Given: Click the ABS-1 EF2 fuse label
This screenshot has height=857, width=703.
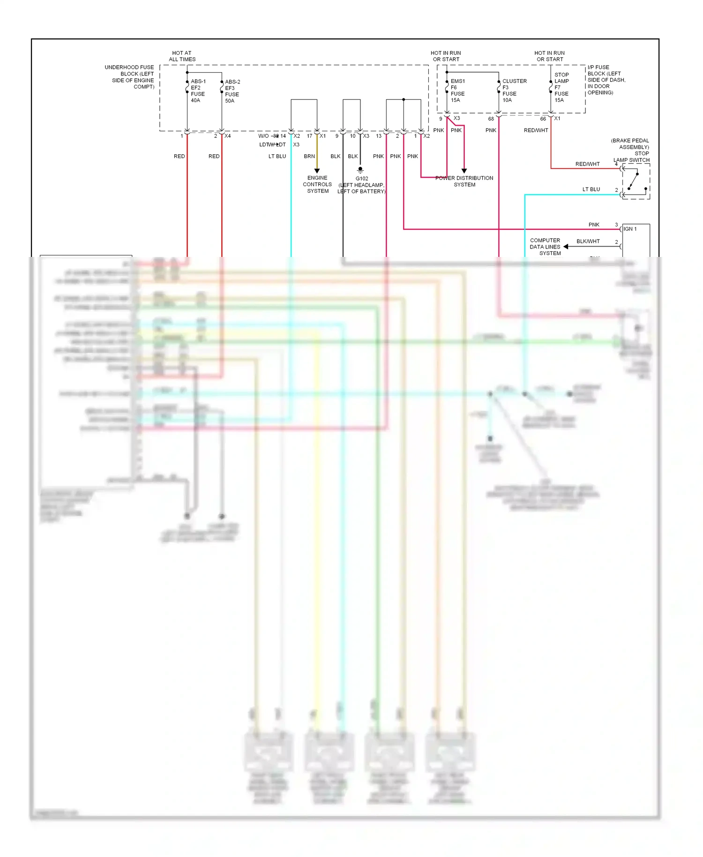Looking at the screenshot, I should coord(198,91).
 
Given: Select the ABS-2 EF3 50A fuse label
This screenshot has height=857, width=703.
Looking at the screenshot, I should coord(232,91).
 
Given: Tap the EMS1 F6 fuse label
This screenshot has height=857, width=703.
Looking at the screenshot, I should coord(457,90).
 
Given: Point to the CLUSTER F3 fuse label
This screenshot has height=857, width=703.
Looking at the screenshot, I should coord(514,90).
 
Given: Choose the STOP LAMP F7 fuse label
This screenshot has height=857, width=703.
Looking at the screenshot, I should coord(561,87).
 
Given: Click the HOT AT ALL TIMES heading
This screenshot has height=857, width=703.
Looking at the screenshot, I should coord(182,56).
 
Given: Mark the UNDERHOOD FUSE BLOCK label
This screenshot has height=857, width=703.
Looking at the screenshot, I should coord(130,77).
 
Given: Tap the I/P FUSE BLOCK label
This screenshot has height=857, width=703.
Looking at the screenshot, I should coord(606,80).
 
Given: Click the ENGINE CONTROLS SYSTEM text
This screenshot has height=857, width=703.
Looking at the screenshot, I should coord(317,184).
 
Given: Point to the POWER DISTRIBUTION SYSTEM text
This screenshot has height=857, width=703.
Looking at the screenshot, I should coord(464,181).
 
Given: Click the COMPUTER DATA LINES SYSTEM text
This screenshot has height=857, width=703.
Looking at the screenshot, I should coord(545,247).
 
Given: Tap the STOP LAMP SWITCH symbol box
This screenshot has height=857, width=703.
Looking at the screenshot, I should coord(636,181).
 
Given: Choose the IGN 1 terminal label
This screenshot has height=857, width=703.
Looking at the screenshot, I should coord(630,229).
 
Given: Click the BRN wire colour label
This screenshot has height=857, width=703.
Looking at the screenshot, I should coord(309,157).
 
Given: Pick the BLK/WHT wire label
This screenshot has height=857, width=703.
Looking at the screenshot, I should coord(588,241).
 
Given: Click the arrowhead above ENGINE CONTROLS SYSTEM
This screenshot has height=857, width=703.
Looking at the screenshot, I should coord(317,171).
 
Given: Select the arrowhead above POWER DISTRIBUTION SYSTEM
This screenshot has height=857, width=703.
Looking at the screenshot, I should coord(464,171).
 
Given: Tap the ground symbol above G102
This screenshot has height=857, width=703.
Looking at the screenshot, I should coord(360,170).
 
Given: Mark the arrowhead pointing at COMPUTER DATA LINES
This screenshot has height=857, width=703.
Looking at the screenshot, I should coord(566,247).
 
